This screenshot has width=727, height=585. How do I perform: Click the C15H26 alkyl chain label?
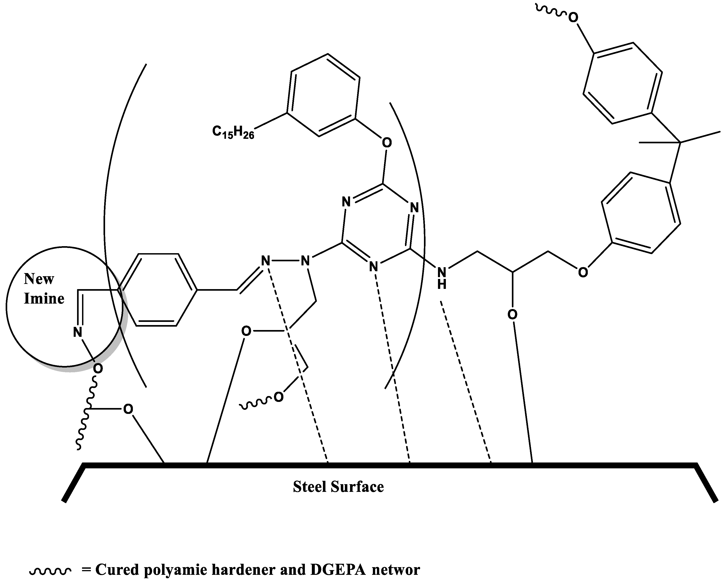pos(233,132)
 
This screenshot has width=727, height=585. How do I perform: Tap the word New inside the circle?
pos(39,279)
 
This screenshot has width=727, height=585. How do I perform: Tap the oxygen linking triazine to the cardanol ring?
pos(387,143)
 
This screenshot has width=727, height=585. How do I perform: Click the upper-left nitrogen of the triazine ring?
pos(346,202)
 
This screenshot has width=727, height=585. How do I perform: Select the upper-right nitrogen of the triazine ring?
pos(414,208)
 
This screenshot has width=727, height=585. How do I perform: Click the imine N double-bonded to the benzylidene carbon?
pos(266,261)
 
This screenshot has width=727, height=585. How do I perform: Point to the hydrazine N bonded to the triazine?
pos(305,261)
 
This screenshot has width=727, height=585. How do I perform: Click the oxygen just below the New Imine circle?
pos(98,369)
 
